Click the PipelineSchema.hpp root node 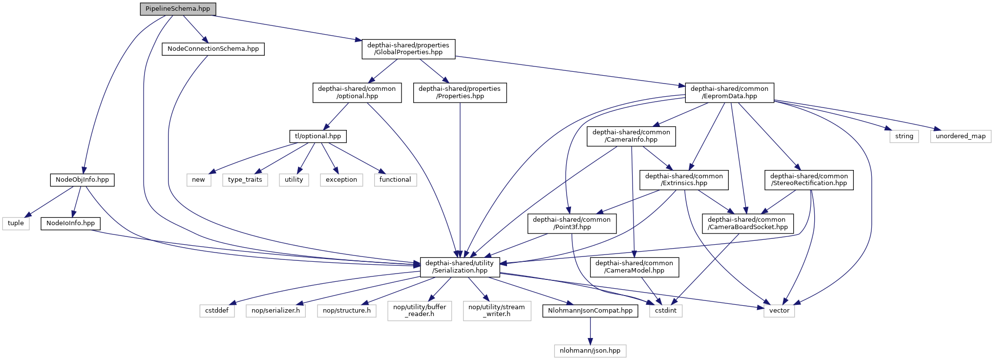[178, 9]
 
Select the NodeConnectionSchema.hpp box [213, 49]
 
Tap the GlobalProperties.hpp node [408, 49]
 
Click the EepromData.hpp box [729, 92]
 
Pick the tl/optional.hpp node [318, 136]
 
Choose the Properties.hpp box [460, 92]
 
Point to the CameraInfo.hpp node [631, 136]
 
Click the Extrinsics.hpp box [684, 180]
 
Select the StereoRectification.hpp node [809, 180]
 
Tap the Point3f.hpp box [571, 223]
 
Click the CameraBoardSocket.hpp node [747, 223]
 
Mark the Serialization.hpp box [459, 267]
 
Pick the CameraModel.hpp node [634, 267]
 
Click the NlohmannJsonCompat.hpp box [590, 311]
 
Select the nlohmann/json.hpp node [590, 351]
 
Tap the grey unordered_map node [961, 136]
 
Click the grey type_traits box [245, 180]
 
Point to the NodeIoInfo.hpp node [70, 223]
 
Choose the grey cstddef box [217, 311]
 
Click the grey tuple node [16, 223]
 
